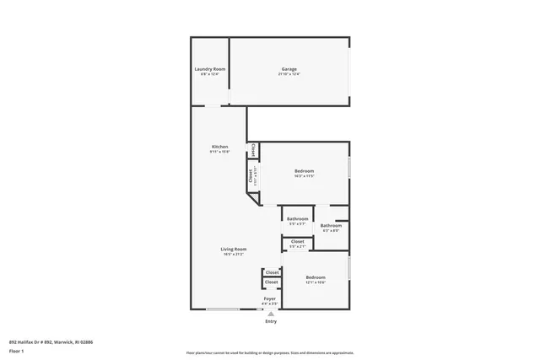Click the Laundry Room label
point(209,69)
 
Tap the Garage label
point(289,69)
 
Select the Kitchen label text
point(219,147)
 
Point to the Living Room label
point(233,249)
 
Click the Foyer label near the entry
point(270,298)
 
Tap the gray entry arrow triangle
point(270,313)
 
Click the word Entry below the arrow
point(270,321)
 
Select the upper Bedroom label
point(304,170)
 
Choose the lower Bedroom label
point(316,277)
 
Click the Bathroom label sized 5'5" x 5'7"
point(298,219)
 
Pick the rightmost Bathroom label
point(331,225)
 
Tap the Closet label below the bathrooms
point(298,241)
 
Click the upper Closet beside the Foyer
point(272,272)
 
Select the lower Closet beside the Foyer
point(272,282)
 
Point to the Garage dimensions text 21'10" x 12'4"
point(289,74)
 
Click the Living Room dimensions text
point(233,254)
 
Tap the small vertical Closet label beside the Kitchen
point(252,150)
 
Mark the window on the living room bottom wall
point(223,309)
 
